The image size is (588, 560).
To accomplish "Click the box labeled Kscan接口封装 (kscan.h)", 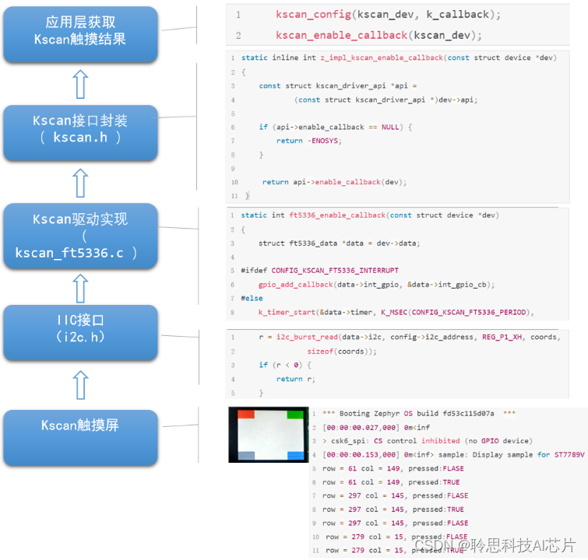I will (80, 129).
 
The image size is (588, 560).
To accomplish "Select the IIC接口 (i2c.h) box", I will (80, 328).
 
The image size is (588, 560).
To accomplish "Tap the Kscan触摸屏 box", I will (80, 426).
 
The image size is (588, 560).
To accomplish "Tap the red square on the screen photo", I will (245, 414).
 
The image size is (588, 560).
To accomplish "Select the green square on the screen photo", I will (294, 414).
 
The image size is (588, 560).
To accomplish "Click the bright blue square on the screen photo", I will (295, 456).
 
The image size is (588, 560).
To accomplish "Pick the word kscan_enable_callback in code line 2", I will (341, 36).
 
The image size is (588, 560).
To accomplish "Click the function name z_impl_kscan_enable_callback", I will (382, 58).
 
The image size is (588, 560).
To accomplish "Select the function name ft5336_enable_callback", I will (336, 215).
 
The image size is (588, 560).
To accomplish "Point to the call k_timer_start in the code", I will (285, 313).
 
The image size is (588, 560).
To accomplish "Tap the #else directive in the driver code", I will (252, 298).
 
